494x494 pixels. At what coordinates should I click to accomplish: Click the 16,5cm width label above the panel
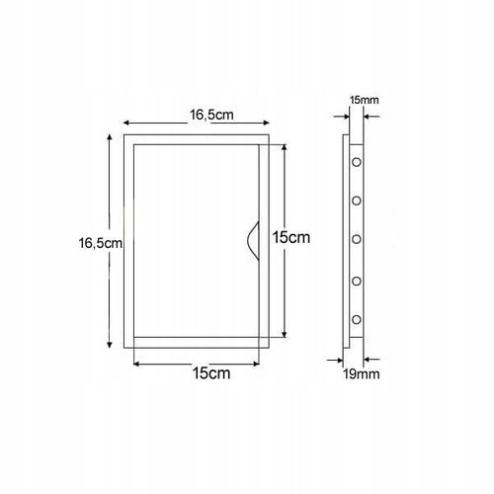tap(211, 115)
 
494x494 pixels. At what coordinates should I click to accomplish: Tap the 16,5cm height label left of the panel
tap(100, 243)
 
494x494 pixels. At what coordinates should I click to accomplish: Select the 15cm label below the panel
tap(211, 373)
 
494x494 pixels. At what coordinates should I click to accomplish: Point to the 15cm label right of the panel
tap(291, 237)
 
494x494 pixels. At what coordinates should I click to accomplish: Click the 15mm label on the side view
tap(364, 100)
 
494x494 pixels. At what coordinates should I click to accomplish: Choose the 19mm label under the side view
tap(362, 374)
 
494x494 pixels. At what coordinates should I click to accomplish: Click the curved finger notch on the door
tap(253, 241)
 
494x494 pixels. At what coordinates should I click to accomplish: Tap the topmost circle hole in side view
tap(357, 162)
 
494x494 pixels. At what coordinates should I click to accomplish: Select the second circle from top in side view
tap(357, 201)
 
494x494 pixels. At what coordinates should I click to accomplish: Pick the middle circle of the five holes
tap(357, 239)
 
